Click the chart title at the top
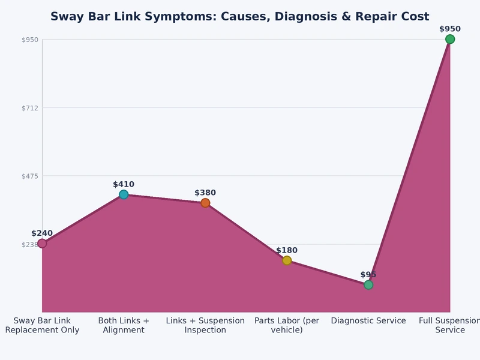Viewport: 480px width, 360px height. [x=239, y=17]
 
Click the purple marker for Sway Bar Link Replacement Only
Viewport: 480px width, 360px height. [x=42, y=243]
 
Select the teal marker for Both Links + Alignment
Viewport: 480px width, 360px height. [x=124, y=194]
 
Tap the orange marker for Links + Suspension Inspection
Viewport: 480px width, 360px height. [x=205, y=203]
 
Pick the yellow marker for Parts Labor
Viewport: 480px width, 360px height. [x=287, y=260]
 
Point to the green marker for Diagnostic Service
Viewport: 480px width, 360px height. [x=368, y=284]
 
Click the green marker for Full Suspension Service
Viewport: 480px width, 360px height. [x=449, y=40]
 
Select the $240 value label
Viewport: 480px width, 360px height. [x=42, y=233]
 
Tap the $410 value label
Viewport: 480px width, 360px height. [x=124, y=185]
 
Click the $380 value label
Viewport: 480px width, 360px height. [x=205, y=193]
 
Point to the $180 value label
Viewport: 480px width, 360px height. [x=287, y=251]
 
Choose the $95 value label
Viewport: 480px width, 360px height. [x=368, y=275]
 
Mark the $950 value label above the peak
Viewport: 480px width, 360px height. [x=449, y=29]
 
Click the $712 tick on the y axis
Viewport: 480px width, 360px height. [x=30, y=108]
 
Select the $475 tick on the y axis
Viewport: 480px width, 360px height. [x=30, y=176]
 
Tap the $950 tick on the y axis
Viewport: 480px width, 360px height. [x=30, y=40]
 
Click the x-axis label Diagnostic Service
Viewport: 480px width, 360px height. [x=368, y=321]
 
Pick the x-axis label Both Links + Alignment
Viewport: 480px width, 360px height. [x=124, y=325]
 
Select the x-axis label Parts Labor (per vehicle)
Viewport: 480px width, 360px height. [x=287, y=325]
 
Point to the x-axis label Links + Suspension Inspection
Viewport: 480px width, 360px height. [x=205, y=325]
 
